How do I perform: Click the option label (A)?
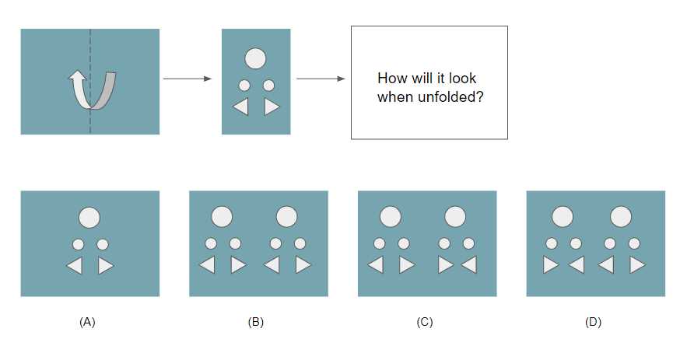point(87,323)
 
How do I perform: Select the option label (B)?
point(256,323)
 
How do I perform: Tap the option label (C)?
point(425,323)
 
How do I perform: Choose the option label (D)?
point(593,323)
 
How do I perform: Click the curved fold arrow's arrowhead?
point(78,77)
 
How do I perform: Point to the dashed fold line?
point(91,81)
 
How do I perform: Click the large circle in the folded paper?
point(255,58)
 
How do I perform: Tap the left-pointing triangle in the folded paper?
point(241,107)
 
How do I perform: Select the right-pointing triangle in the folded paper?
point(271,107)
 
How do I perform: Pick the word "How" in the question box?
point(388,79)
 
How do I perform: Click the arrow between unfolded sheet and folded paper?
point(188,79)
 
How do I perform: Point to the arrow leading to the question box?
point(321,79)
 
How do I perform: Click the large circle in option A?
point(89,217)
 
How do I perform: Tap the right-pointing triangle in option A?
point(105,266)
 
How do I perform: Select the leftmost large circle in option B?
point(222,216)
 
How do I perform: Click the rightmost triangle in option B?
point(303,265)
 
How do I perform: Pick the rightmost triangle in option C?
point(470,265)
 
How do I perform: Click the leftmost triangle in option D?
point(550,265)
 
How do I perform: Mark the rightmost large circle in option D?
point(622,216)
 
